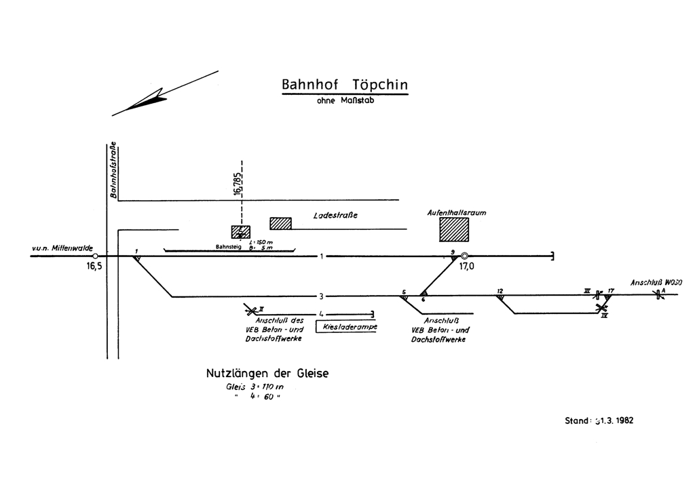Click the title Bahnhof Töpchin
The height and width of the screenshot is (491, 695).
point(345,85)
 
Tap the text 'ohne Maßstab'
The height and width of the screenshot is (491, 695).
point(345,101)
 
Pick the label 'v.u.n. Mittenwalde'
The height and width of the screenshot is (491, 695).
point(62,249)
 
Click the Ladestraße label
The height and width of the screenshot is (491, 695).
point(335,216)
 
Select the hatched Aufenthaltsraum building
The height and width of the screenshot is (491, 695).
point(453,229)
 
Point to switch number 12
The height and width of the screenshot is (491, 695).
point(500,291)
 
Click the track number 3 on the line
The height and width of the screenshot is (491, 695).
point(322,296)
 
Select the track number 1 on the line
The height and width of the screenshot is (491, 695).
point(322,256)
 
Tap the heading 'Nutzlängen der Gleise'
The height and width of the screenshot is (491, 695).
point(267,373)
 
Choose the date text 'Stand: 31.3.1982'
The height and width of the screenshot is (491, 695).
point(599,420)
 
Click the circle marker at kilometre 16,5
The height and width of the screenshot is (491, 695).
point(95,256)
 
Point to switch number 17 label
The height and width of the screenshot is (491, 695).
point(611,290)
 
